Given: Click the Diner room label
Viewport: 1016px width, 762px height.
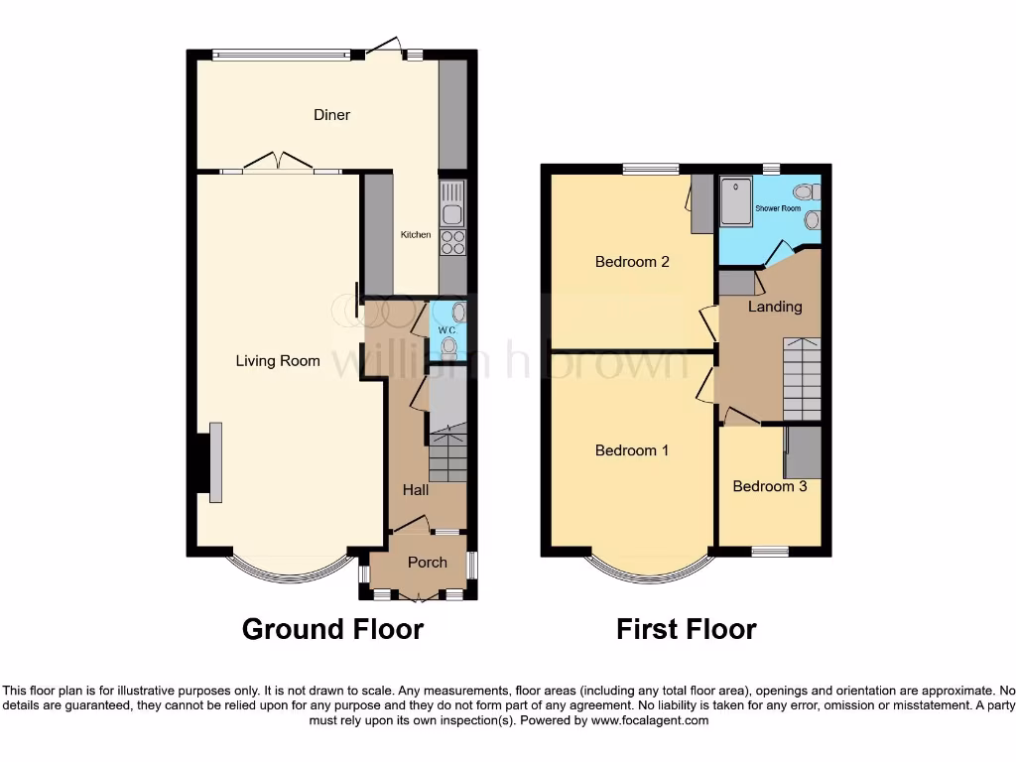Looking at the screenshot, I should click(331, 115).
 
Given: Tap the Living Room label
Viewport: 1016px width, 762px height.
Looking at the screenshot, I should click(278, 361).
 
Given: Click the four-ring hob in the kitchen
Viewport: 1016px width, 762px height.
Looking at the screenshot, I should click(451, 242).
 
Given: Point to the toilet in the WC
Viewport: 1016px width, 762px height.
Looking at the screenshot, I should click(449, 345).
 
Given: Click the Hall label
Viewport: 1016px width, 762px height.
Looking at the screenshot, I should click(415, 490).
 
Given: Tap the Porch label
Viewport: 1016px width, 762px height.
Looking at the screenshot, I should click(428, 563).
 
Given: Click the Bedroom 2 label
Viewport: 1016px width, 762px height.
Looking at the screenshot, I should click(632, 262).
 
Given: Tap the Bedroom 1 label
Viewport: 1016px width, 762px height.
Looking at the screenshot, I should click(632, 450).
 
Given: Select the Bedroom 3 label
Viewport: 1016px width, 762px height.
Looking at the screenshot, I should click(769, 486).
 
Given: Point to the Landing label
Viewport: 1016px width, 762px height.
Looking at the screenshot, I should click(775, 307).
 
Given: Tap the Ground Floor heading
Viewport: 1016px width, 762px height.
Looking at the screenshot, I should click(332, 629).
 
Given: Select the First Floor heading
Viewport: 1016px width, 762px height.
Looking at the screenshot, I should click(687, 629).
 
